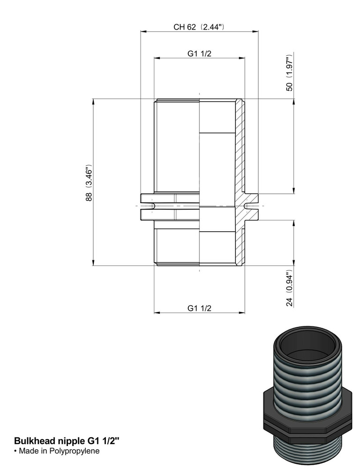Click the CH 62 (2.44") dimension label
pyautogui.click(x=199, y=27)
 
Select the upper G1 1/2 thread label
pyautogui.click(x=199, y=53)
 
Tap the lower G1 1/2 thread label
pyautogui.click(x=199, y=308)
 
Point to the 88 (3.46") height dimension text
pyautogui.click(x=89, y=182)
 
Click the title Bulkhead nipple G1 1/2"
pyautogui.click(x=67, y=441)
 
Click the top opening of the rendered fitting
pyautogui.click(x=305, y=345)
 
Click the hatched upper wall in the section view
pyautogui.click(x=240, y=145)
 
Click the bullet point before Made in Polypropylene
pyautogui.click(x=15, y=451)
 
